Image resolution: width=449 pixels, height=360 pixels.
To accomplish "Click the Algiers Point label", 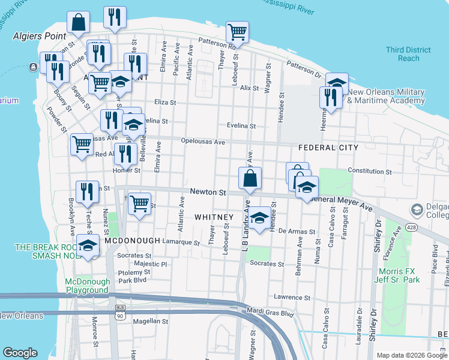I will tap(40, 36).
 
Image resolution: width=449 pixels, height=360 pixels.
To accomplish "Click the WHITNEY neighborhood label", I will tap(214, 217).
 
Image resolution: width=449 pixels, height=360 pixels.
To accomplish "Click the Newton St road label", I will tap(208, 193).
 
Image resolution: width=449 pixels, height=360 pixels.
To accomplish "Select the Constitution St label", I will tap(369, 172).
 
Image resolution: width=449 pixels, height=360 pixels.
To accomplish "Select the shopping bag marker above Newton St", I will tap(250, 178).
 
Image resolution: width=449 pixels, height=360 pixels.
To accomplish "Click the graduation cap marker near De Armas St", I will tap(260, 218).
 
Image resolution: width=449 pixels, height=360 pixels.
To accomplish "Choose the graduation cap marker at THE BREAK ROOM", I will tap(88, 247).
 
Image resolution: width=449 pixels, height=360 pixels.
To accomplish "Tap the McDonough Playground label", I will tap(88, 286).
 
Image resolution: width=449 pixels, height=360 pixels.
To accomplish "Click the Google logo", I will tap(20, 353).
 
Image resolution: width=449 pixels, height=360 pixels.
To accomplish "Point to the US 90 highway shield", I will tap(120, 313).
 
